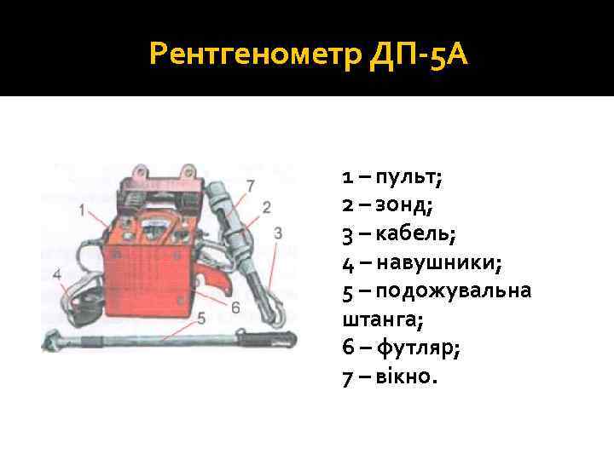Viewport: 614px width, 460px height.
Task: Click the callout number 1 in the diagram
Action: (83, 210)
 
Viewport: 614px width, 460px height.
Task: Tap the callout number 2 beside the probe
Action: (266, 207)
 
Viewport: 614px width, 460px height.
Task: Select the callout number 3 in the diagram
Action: (279, 233)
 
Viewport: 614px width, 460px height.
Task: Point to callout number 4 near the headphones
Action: (57, 274)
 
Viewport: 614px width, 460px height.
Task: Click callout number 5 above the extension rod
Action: (200, 318)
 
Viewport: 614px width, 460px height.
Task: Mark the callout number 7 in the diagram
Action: (250, 185)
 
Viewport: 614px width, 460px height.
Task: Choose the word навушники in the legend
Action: (445, 263)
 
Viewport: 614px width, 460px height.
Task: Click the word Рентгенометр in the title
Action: (255, 55)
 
